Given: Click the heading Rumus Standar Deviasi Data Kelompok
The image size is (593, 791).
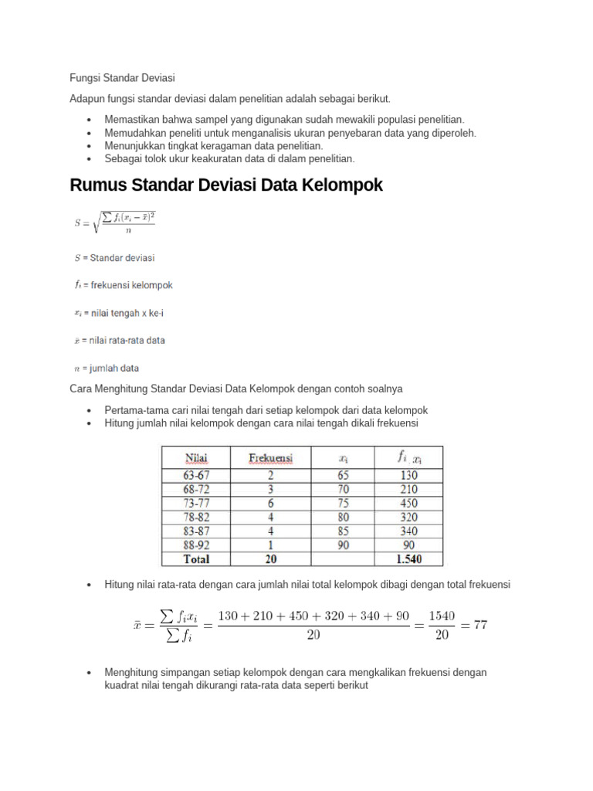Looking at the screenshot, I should [x=225, y=185].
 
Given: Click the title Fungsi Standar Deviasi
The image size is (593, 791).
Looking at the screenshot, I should [x=122, y=78].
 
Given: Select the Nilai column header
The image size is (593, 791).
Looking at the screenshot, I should [x=195, y=457].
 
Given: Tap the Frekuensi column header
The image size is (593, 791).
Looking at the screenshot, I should [x=270, y=457].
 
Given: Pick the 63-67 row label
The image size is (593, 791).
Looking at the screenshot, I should [x=195, y=475].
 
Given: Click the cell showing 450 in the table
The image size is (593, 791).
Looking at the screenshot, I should [x=409, y=503].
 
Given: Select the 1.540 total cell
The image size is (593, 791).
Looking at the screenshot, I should [x=409, y=558].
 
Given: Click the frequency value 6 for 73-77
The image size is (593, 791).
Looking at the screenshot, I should [x=270, y=503].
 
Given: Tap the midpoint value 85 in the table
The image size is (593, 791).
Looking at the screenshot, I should [x=344, y=531].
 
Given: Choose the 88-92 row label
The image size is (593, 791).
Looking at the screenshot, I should [x=195, y=545].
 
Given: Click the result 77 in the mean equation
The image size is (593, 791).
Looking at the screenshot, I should [x=480, y=624].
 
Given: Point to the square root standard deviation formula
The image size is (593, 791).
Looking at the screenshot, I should [x=115, y=222].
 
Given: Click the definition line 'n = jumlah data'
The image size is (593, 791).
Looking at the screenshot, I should [x=107, y=368].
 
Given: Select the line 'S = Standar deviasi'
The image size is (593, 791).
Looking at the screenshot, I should [x=114, y=257].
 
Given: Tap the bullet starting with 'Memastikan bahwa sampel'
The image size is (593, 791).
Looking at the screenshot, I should [x=284, y=120].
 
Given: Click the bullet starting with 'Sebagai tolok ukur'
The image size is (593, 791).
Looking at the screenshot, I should [x=229, y=158].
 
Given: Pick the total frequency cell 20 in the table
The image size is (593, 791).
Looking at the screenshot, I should [x=270, y=558].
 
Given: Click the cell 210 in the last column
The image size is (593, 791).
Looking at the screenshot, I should [x=409, y=489].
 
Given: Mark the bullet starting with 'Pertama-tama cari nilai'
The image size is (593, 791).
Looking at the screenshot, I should [x=266, y=410].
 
